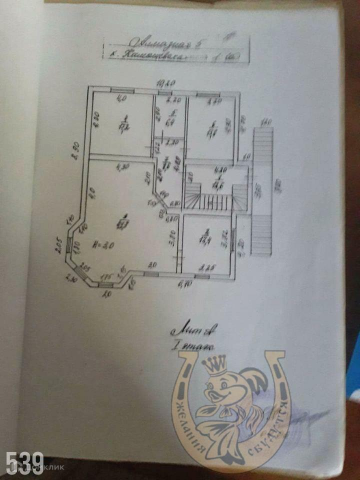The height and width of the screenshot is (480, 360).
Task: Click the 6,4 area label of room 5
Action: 169,121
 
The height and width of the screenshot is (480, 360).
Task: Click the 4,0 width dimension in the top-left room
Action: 121,98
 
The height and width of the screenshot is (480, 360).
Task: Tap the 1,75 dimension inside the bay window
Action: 105,275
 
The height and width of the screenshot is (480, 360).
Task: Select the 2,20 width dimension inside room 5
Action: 170,99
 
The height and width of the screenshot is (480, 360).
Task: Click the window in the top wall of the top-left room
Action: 121,90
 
